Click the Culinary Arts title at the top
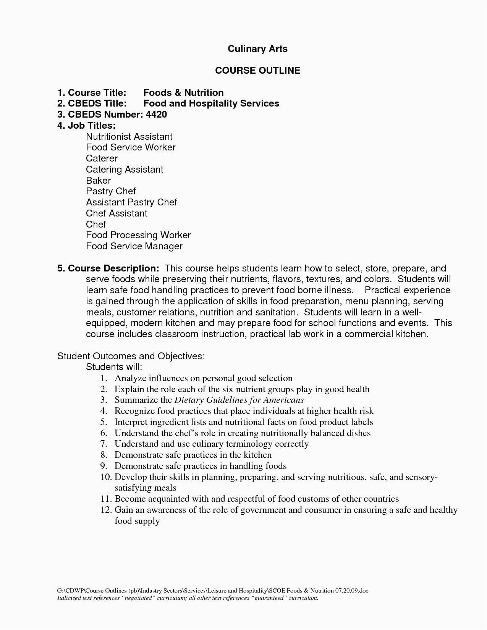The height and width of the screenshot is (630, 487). click(257, 49)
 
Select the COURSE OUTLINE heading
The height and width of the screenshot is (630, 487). click(257, 71)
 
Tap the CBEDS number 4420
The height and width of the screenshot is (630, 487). click(156, 115)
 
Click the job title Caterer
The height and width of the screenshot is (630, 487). click(102, 158)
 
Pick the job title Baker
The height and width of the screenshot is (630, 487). click(98, 181)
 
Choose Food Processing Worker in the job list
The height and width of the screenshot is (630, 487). click(138, 235)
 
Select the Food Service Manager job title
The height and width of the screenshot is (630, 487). click(134, 246)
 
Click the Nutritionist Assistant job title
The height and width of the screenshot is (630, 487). click(129, 137)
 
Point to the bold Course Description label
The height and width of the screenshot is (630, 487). click(108, 268)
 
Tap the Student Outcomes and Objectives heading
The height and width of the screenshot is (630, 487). click(131, 356)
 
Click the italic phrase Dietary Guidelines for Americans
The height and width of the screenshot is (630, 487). click(239, 400)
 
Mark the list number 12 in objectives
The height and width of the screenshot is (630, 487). click(106, 510)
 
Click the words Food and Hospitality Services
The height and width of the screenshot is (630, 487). click(211, 103)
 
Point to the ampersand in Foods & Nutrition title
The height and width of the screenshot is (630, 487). click(178, 93)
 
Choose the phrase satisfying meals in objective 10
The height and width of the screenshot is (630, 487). click(145, 488)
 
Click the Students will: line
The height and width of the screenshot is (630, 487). click(114, 367)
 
